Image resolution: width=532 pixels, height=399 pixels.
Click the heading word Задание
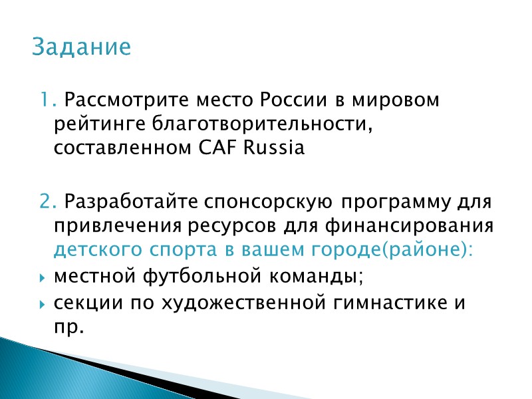tap(82, 48)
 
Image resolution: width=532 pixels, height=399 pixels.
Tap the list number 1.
tap(45, 101)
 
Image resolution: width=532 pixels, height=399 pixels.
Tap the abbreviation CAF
tap(217, 148)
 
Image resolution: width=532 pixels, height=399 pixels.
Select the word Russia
tap(271, 148)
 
